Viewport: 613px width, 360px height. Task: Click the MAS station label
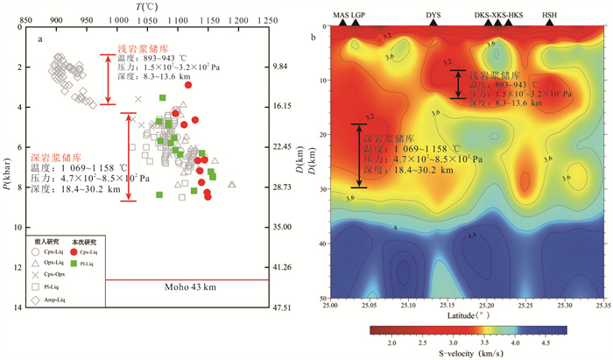340,15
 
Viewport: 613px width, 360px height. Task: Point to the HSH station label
549,15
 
